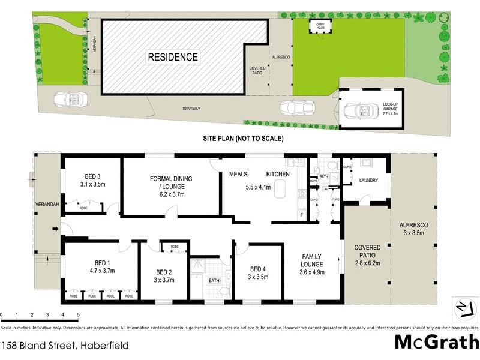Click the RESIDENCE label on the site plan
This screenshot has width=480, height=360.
point(173,58)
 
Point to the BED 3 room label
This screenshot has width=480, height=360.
point(92,176)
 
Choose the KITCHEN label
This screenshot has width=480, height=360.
point(278,174)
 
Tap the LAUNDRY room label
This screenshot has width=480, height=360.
point(368,179)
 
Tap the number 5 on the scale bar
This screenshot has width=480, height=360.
point(78,314)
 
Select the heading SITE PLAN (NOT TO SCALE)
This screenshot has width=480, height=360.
point(242,138)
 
